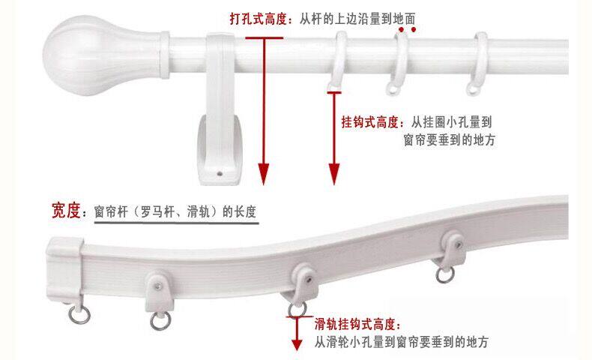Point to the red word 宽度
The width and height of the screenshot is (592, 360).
66,211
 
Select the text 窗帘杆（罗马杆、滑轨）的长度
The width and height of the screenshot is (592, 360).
175,212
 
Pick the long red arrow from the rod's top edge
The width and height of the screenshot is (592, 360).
263,105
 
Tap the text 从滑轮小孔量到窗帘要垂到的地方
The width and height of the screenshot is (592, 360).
402,343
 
